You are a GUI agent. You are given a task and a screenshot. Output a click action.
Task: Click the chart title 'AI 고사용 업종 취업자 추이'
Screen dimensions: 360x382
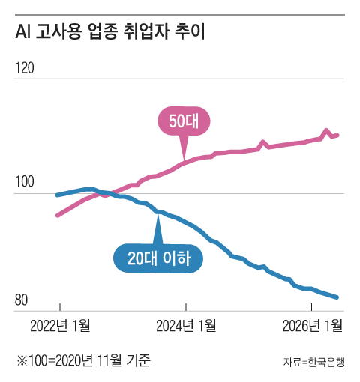(110, 31)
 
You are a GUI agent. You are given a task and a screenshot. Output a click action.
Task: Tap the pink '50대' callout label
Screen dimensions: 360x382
(184, 121)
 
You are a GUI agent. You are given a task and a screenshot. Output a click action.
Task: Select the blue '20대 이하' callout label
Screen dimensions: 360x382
(158, 258)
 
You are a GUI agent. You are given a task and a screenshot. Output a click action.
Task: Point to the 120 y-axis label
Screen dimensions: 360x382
(25, 68)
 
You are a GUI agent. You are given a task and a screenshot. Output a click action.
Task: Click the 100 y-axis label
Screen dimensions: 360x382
(25, 181)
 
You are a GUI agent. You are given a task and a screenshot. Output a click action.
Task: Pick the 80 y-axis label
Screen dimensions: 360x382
(21, 300)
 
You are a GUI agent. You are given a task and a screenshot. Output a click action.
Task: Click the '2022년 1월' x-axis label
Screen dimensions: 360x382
(60, 326)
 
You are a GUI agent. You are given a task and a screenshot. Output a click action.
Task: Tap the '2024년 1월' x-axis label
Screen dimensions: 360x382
(186, 326)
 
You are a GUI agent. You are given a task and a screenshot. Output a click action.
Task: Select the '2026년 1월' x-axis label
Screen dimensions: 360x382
(313, 326)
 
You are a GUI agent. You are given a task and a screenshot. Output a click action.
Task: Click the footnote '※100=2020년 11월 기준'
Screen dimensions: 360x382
(83, 360)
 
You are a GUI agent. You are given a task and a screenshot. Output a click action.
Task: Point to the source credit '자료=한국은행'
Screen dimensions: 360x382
(314, 362)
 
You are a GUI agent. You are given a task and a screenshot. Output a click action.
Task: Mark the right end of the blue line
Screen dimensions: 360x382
(337, 297)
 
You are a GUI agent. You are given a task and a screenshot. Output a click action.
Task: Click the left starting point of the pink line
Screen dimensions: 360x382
(58, 216)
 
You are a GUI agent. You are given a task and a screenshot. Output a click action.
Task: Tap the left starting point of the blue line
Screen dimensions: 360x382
(57, 195)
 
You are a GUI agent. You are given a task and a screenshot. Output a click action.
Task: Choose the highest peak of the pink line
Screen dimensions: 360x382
(326, 130)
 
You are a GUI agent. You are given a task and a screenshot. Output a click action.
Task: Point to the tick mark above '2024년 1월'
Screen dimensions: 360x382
(186, 307)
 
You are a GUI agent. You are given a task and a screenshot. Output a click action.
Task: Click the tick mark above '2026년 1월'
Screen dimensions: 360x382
(311, 307)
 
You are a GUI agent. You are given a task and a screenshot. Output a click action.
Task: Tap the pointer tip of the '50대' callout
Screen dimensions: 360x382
(184, 160)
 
